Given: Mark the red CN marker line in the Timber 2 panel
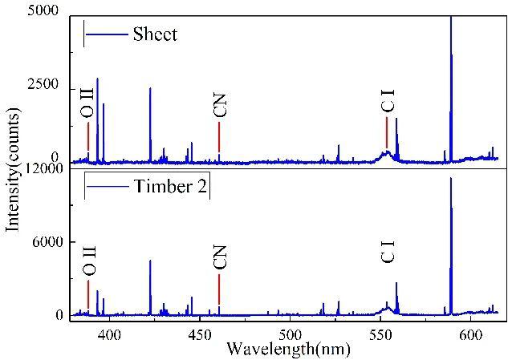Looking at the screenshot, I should tap(219, 289).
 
